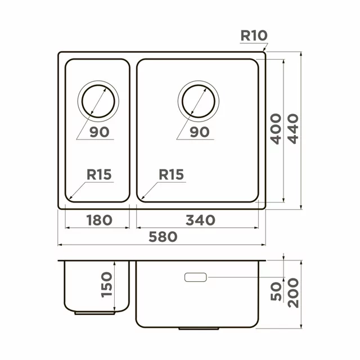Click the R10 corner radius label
click(x=254, y=35)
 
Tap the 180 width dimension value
click(x=98, y=219)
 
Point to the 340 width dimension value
click(x=200, y=219)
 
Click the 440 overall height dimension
click(x=294, y=128)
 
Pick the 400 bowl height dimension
click(x=276, y=128)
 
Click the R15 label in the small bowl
click(x=99, y=175)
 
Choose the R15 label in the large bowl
click(x=171, y=175)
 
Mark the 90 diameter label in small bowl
click(x=98, y=132)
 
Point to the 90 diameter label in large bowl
click(x=199, y=132)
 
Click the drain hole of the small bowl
click(x=99, y=102)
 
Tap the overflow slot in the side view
click(x=195, y=277)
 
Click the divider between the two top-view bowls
click(x=133, y=129)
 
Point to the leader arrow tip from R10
click(x=263, y=53)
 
